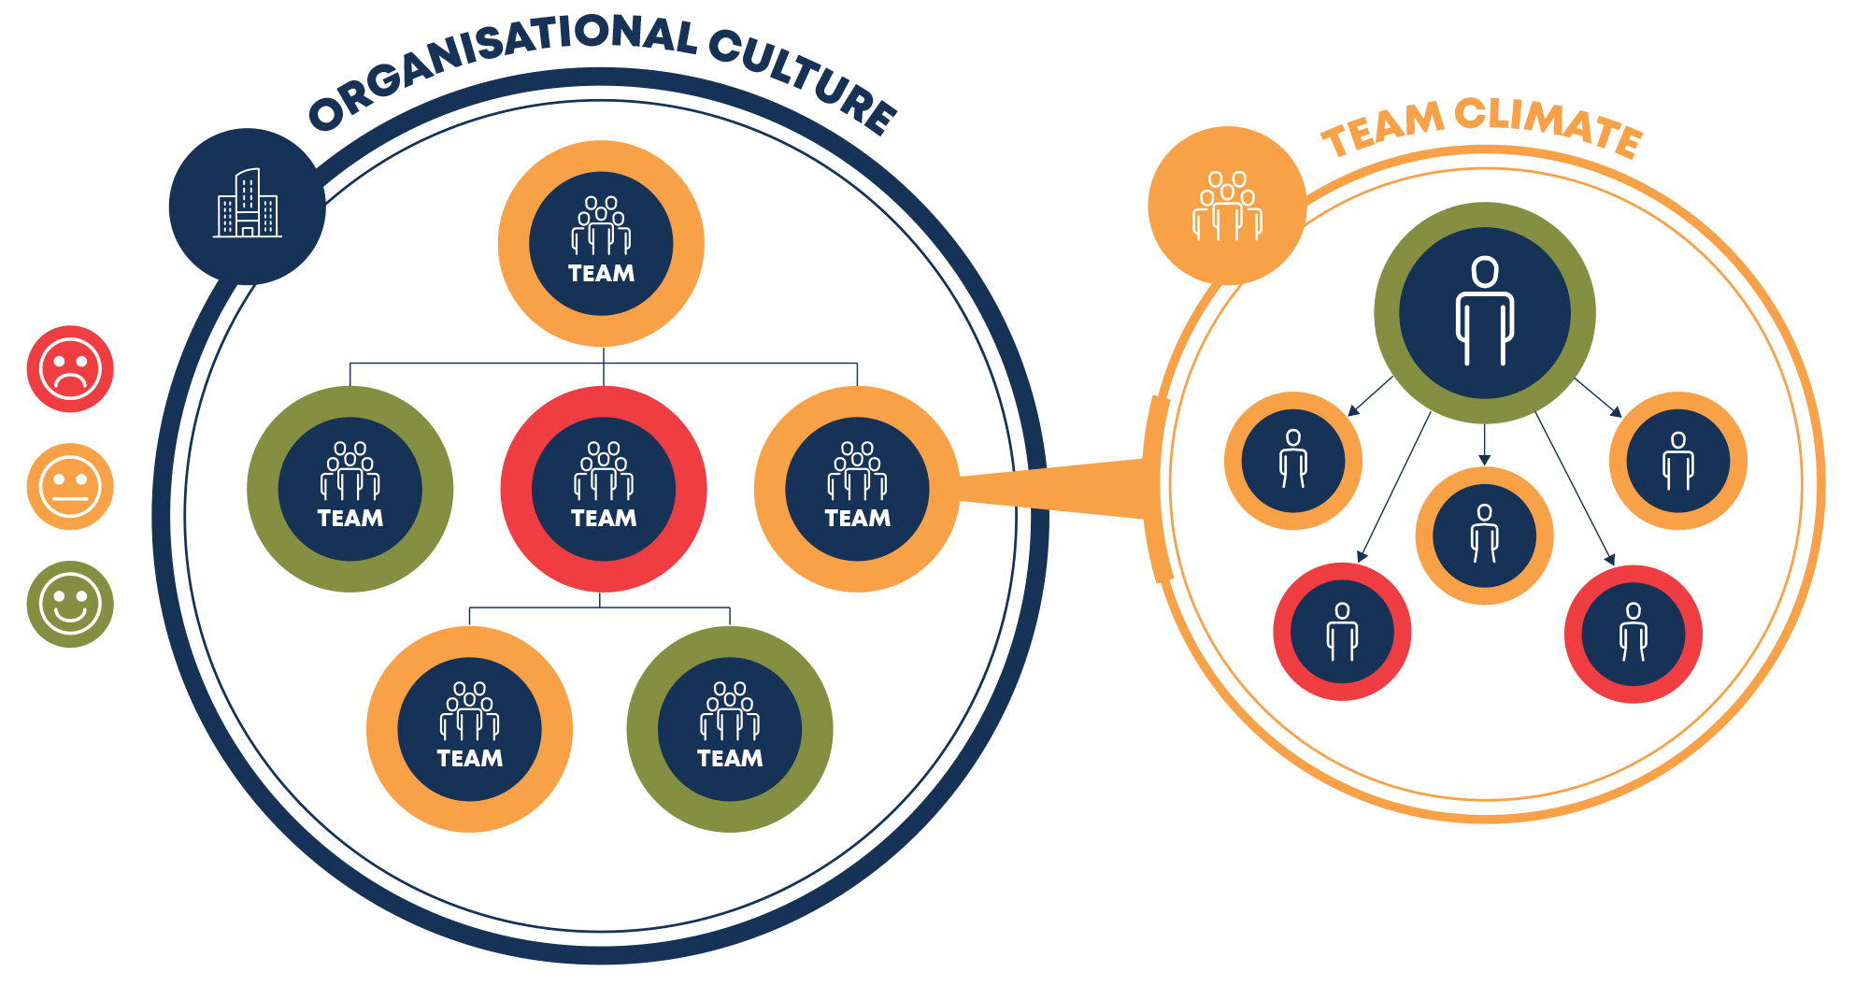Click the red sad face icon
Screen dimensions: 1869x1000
(x=70, y=369)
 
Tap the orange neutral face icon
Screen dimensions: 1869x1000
(x=70, y=487)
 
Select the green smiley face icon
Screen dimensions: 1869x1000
(x=70, y=605)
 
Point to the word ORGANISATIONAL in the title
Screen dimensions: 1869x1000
(x=503, y=60)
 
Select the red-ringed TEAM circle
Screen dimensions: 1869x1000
(x=604, y=489)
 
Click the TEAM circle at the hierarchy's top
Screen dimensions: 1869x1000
(x=601, y=244)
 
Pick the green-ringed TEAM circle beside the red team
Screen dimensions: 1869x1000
(x=350, y=489)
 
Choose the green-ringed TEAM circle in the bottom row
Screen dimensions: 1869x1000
(x=730, y=729)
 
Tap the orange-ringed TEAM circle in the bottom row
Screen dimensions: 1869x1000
(x=469, y=729)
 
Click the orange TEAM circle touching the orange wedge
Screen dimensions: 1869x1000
(x=857, y=489)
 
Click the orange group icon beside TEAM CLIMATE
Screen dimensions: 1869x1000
(x=1227, y=206)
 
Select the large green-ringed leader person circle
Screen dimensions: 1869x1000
(x=1485, y=313)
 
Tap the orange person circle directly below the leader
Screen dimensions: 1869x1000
(x=1485, y=536)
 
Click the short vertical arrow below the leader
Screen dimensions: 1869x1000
(x=1485, y=445)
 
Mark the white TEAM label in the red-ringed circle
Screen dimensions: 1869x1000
(x=604, y=519)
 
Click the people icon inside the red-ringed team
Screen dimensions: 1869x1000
(x=604, y=472)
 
